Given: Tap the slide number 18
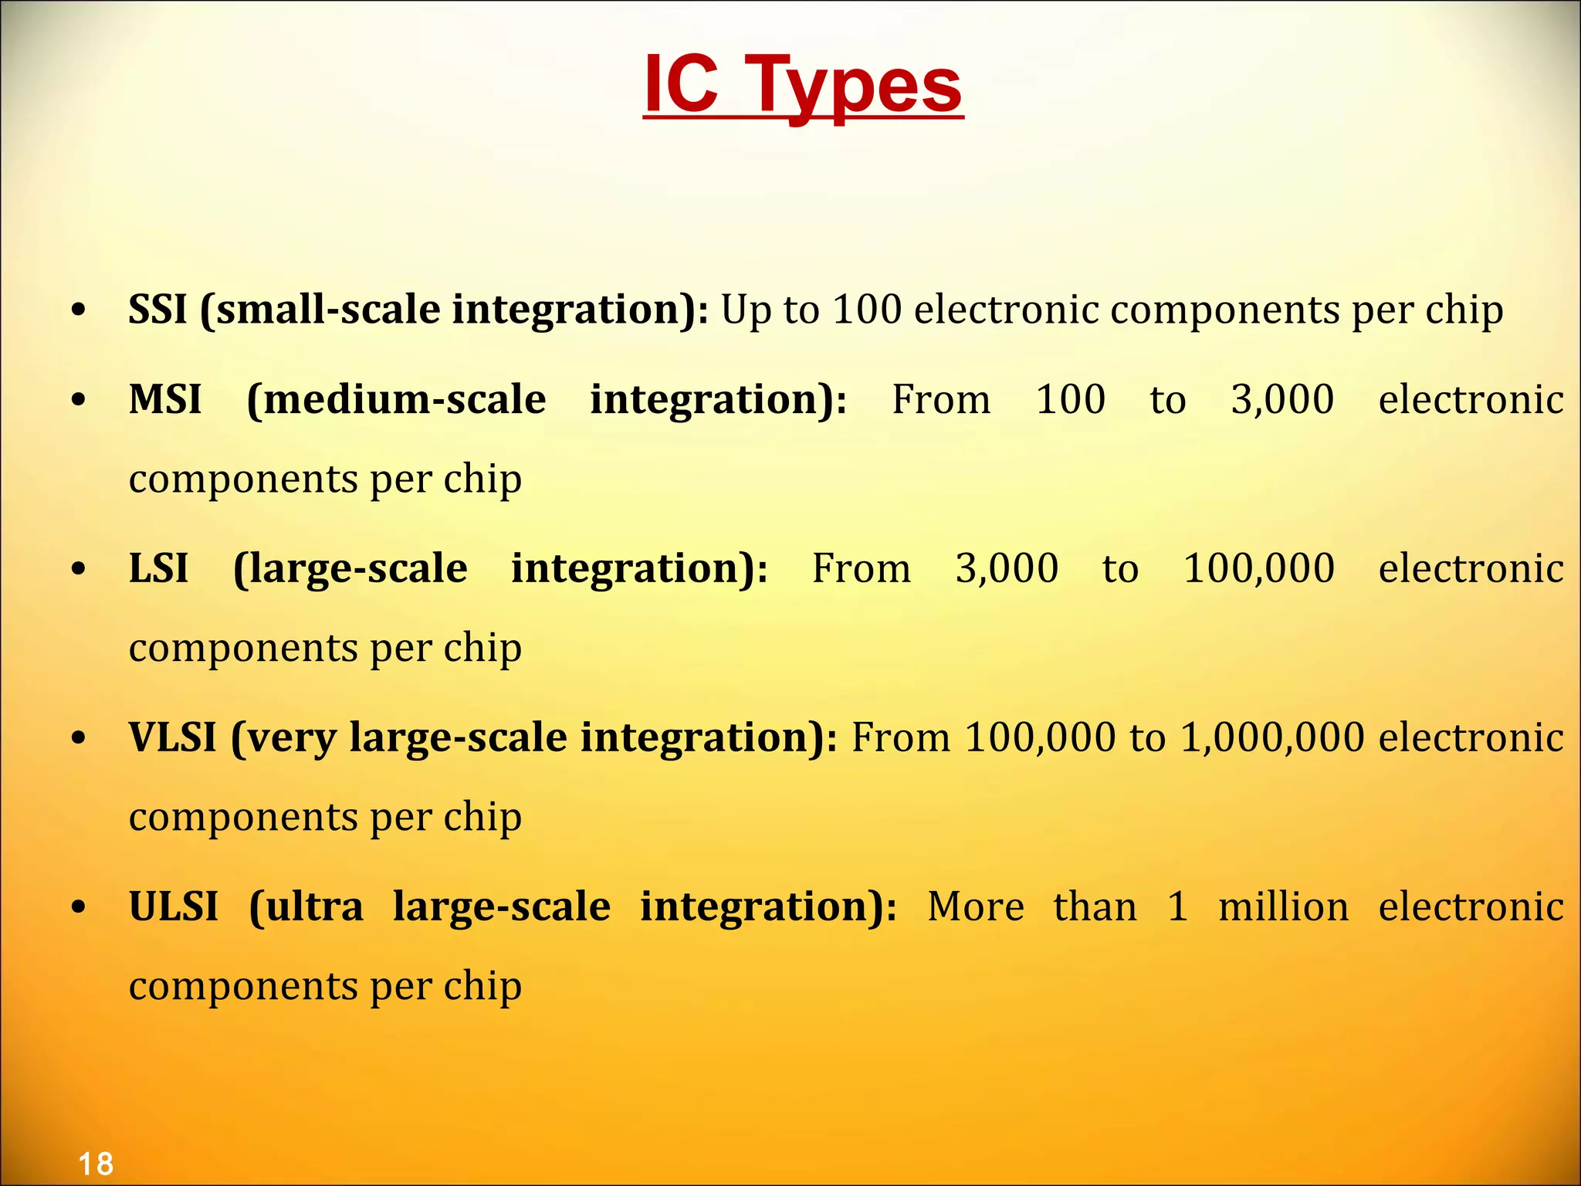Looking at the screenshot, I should (96, 1164).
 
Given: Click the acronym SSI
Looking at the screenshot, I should (157, 309).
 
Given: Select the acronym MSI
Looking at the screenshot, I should (165, 399).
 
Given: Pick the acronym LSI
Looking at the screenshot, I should (158, 568).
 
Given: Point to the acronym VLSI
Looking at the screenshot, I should (172, 737).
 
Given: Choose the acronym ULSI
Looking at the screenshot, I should (173, 906).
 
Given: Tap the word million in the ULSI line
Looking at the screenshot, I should (1283, 906).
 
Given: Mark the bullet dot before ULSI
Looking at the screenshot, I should (78, 908).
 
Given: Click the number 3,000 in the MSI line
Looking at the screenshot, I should (1282, 400).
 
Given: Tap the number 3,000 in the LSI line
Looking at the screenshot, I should (1007, 569).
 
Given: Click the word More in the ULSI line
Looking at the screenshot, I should (976, 906).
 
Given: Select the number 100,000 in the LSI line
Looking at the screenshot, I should (1258, 569).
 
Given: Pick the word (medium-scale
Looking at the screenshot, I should (396, 399).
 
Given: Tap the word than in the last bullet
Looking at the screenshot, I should (1095, 906).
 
